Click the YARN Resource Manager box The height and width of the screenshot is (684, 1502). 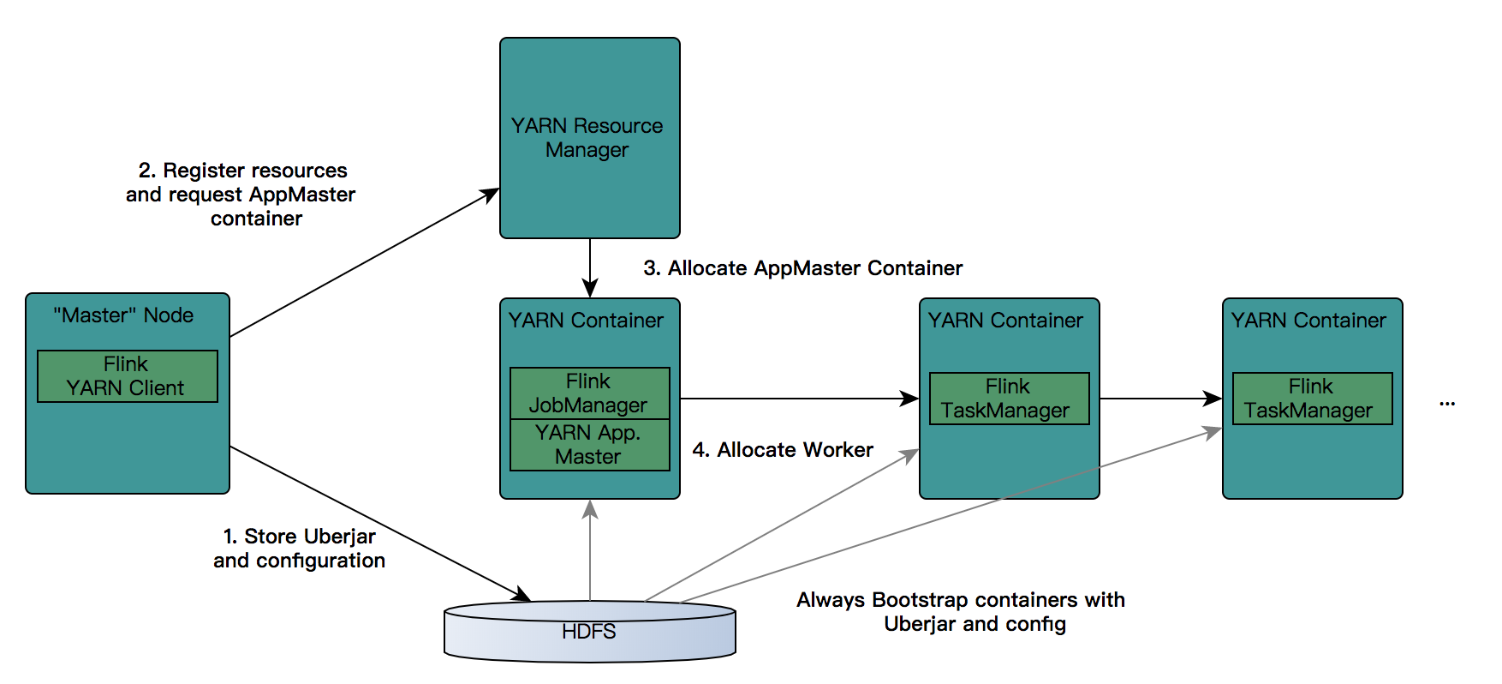click(589, 137)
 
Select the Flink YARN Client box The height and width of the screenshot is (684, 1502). click(127, 376)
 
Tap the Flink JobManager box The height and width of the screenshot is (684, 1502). click(589, 393)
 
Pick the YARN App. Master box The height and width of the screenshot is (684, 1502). click(589, 445)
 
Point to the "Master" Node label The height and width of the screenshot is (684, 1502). click(123, 315)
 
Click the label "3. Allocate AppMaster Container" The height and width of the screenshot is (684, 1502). click(802, 268)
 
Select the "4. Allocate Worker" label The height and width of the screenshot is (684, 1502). click(783, 450)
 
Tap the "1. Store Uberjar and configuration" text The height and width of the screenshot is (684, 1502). click(299, 549)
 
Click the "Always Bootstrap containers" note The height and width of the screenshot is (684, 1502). click(960, 612)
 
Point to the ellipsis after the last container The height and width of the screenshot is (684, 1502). click(1447, 402)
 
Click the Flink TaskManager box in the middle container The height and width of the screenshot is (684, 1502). click(1009, 399)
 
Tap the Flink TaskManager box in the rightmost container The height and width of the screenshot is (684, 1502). click(1312, 399)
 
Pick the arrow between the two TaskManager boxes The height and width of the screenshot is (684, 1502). click(1160, 399)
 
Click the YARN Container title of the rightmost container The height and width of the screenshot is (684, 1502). click(1308, 321)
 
